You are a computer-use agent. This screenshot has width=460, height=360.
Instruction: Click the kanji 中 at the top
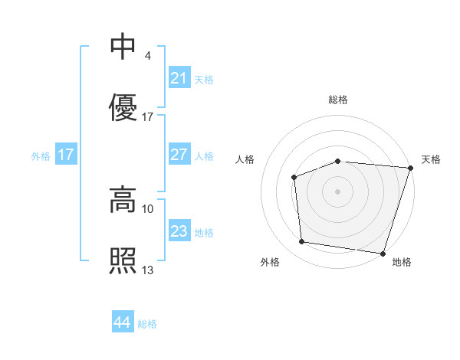pos(123,47)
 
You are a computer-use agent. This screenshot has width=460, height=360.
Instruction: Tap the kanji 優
pos(123,108)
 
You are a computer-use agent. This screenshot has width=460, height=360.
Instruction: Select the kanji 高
pos(123,199)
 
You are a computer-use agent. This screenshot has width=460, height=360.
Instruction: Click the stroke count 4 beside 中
pos(147,56)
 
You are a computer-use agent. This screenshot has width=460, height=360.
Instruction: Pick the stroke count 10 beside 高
pos(148,208)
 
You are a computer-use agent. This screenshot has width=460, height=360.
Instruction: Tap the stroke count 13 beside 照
pos(148,270)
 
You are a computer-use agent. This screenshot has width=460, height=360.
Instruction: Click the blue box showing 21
pos(179,78)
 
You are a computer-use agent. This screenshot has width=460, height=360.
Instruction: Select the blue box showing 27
pos(179,155)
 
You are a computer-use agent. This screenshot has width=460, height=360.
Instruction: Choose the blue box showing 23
pos(179,231)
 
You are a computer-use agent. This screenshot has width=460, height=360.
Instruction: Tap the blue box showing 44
pos(122,323)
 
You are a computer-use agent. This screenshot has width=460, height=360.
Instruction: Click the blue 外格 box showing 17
pos(66,155)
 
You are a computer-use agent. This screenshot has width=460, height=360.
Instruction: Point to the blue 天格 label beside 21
pos(203,79)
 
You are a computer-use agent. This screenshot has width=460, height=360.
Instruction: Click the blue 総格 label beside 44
pos(147,324)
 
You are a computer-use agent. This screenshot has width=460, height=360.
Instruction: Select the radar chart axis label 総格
pos(338,100)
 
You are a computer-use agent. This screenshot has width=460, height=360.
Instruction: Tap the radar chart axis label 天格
pos(431,159)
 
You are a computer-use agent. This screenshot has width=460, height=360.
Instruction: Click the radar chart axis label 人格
pos(245,159)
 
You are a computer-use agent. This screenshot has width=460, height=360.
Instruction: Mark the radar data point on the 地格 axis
pos(383,253)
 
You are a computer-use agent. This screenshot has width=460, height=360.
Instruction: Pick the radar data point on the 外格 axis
pos(302,242)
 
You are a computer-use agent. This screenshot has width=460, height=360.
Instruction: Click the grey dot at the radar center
pos(338,191)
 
